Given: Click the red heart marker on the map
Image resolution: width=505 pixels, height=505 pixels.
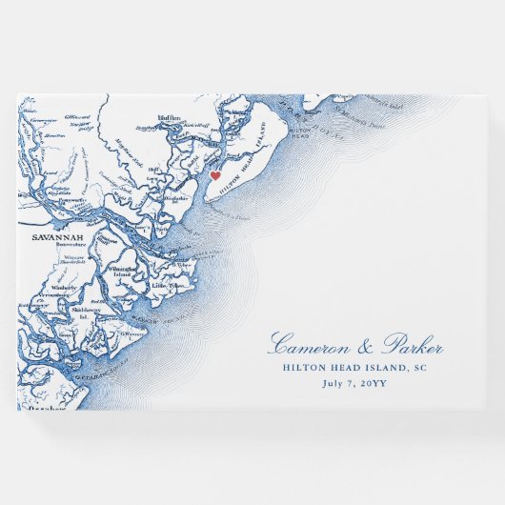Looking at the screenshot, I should (215, 175).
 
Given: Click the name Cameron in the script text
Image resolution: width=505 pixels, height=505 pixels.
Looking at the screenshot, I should (314, 346).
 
